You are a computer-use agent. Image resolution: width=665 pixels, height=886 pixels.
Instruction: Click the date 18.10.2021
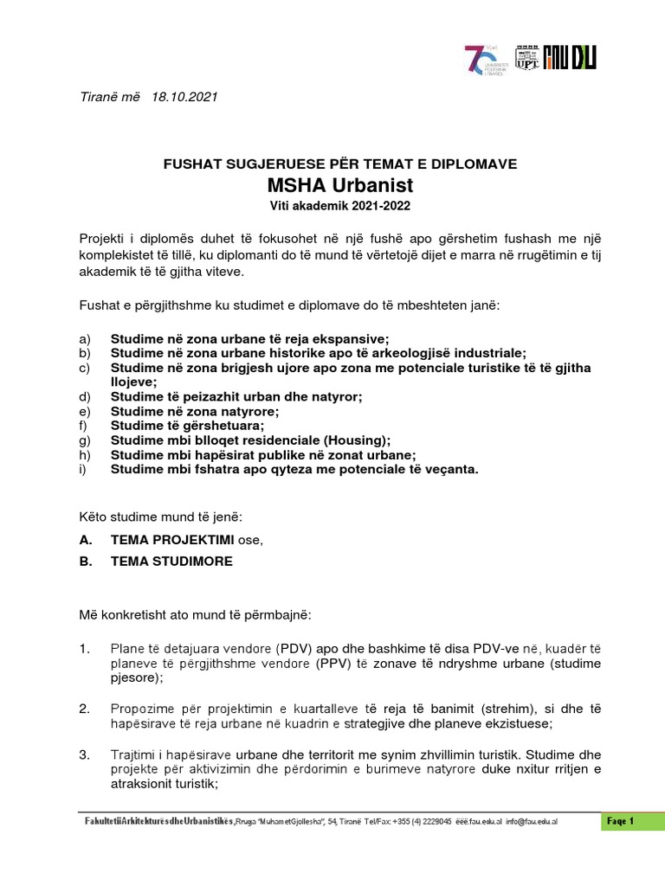(x=184, y=97)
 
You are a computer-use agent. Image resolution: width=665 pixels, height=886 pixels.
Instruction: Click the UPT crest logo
(x=526, y=56)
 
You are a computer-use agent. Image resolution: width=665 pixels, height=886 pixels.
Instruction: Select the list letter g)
(x=84, y=440)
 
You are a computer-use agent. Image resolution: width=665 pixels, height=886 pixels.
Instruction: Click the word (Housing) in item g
(x=358, y=440)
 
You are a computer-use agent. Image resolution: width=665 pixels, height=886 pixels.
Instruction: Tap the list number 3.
(x=84, y=754)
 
